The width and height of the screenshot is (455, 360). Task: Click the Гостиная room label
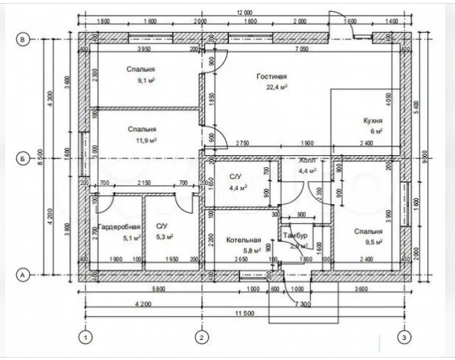272,76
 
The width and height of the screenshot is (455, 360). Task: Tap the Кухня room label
372,120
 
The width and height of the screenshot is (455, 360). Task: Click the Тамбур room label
295,235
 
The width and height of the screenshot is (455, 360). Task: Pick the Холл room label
307,160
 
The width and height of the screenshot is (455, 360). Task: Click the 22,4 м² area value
272,87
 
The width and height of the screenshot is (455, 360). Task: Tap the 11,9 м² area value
140,139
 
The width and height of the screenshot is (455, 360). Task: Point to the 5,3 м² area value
164,237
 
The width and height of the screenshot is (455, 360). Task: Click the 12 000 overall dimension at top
244,13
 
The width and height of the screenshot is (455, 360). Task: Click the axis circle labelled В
23,40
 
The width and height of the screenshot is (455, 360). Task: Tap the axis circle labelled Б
23,158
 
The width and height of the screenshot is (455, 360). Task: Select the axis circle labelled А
23,275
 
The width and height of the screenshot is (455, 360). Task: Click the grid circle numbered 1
86,338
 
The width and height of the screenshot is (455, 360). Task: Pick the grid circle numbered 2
200,338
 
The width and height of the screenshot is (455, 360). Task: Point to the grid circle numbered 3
403,338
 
